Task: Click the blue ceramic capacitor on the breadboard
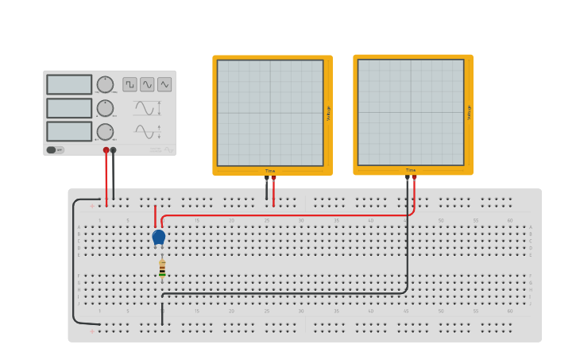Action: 158,236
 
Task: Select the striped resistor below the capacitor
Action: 162,269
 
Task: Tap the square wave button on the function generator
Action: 130,84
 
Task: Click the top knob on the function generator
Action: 105,84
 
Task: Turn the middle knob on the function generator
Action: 105,108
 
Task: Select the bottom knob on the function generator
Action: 105,132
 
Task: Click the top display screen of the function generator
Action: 69,84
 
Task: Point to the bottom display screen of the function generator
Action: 69,131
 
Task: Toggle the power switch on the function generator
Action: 52,149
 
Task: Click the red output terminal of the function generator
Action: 106,149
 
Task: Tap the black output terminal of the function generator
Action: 114,149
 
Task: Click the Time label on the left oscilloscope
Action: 270,171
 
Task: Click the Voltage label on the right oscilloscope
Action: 469,113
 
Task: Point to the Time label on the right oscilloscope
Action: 411,171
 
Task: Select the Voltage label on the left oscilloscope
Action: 328,113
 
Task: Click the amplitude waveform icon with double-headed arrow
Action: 148,108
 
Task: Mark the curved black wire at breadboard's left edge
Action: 74,262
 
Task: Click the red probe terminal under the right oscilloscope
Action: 414,178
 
